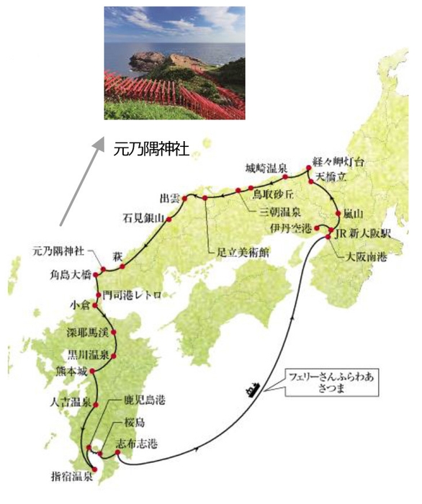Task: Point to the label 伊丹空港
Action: point(291,228)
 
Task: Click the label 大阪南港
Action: point(363,256)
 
